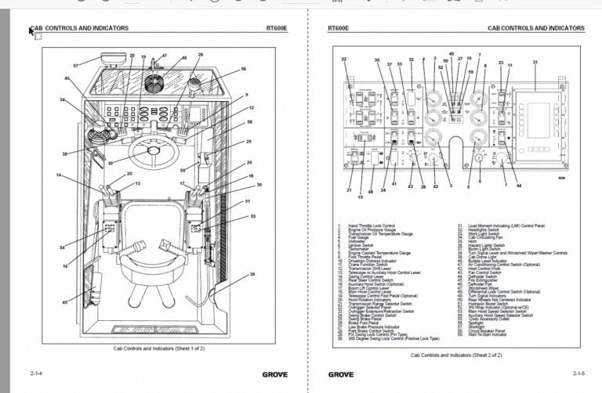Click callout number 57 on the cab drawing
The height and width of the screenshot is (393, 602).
pos(75,65)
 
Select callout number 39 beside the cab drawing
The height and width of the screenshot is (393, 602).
pos(252,274)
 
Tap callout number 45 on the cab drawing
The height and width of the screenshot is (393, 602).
pos(66,301)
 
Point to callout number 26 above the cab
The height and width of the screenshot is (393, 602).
pos(201,55)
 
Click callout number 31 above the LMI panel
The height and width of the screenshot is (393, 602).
pos(535,61)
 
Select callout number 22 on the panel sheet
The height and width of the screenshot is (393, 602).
pos(343,59)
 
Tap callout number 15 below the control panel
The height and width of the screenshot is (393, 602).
pos(361,196)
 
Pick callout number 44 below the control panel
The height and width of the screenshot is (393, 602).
pos(518,186)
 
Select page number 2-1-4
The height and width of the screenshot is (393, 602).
pos(37,374)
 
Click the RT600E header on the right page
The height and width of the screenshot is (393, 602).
pos(339,28)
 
